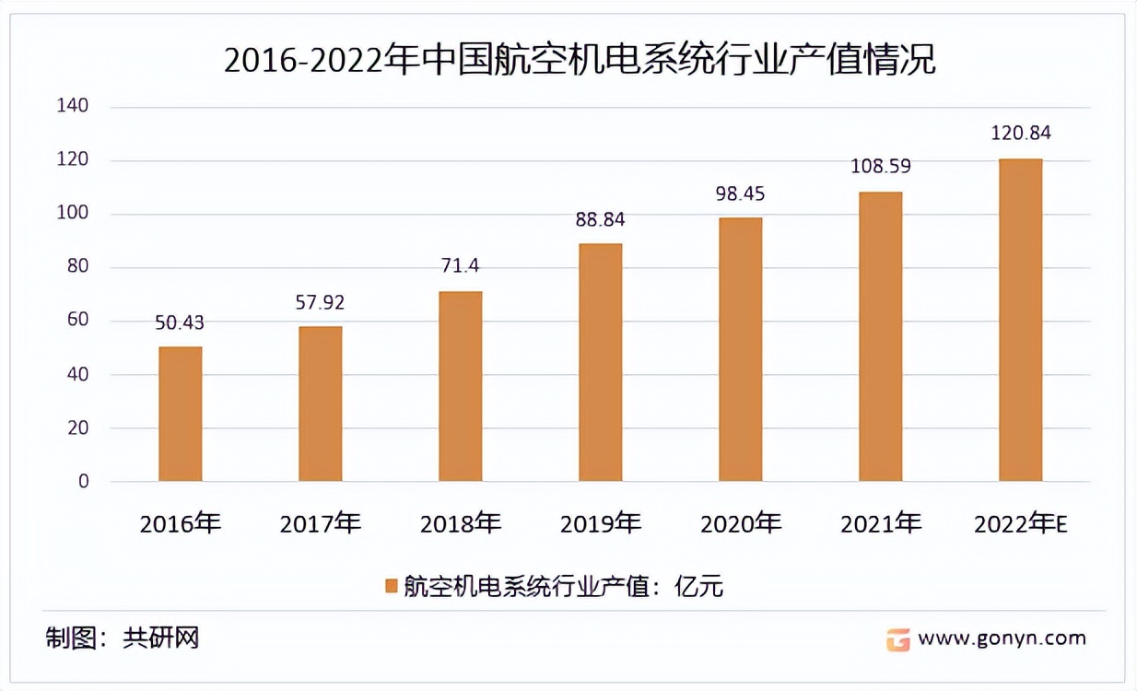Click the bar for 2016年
(x=181, y=414)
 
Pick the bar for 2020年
(x=740, y=349)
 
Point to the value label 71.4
(x=460, y=266)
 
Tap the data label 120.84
(x=1020, y=134)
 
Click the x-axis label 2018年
(x=460, y=524)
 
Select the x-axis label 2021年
(x=880, y=524)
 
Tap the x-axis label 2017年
(x=320, y=524)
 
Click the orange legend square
(x=391, y=586)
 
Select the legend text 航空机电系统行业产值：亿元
(x=564, y=586)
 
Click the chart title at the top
(x=580, y=62)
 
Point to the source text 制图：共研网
(x=123, y=638)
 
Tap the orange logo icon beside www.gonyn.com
(x=897, y=639)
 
